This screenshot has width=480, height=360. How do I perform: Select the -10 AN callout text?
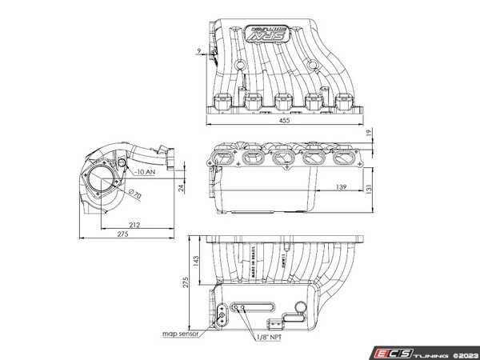coord(144,171)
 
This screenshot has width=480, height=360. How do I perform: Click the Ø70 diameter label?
coord(133,194)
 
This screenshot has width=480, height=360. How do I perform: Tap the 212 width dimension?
coord(135,225)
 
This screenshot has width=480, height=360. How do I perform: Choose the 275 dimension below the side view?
coord(122,234)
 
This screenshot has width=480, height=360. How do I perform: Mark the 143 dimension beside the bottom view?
coord(195,261)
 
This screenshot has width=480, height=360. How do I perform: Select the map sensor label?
coord(178,334)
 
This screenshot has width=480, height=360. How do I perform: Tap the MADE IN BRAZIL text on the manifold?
coord(255,266)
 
